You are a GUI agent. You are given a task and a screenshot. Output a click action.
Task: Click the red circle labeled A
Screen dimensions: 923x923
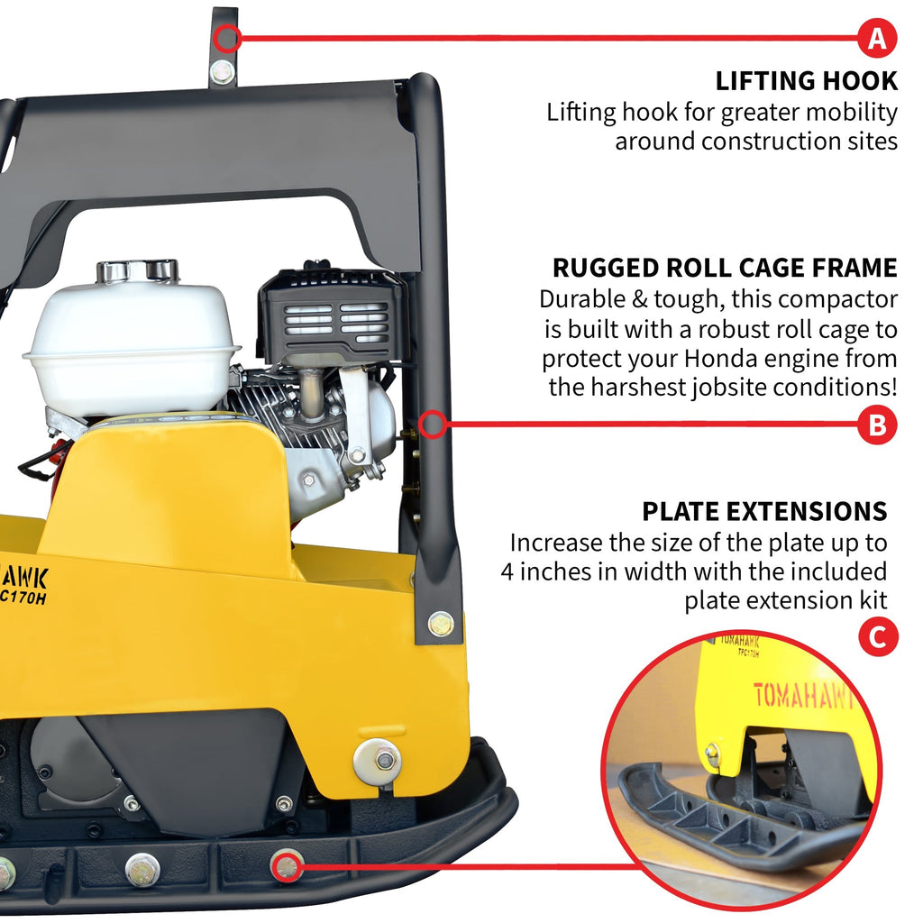tap(877, 39)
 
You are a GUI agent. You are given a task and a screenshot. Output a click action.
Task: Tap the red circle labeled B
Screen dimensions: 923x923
tap(877, 425)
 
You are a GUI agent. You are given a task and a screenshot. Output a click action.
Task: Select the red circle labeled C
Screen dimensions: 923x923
tap(877, 638)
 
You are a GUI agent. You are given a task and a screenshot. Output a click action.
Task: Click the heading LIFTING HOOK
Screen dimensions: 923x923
tap(806, 80)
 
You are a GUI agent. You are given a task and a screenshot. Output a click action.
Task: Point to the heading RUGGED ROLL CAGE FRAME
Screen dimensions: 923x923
tap(725, 268)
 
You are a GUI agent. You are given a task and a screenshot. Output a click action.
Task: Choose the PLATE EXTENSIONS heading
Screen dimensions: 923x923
tap(764, 511)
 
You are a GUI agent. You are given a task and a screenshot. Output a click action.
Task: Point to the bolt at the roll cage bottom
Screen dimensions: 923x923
tap(441, 623)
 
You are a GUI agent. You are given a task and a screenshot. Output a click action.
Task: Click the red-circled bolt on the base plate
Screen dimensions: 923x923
tap(288, 867)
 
